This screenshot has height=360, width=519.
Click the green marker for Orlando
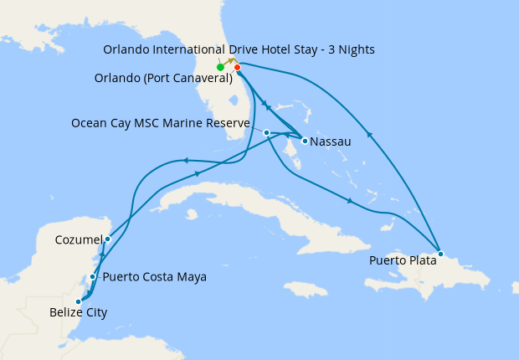[220, 67]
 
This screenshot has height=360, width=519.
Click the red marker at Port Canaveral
[238, 67]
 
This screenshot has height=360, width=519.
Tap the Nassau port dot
[305, 141]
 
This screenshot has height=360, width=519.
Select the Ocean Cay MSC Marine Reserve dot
[266, 132]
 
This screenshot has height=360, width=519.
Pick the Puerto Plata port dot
[440, 254]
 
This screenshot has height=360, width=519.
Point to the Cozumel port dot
[107, 239]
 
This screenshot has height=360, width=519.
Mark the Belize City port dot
[78, 301]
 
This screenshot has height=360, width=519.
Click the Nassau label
[330, 142]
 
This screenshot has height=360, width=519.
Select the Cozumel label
[78, 240]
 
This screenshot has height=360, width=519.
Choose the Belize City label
[71, 313]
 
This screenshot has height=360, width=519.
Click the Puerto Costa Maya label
[153, 277]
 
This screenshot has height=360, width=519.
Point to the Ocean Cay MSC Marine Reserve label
[161, 124]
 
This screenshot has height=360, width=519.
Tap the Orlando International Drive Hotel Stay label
[239, 49]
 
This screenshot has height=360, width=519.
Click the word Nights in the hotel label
[355, 49]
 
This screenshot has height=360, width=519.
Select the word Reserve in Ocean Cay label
[227, 124]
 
